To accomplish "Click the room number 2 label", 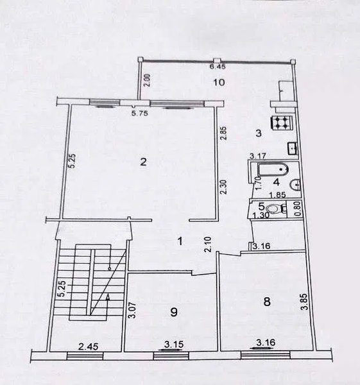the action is (x=143, y=162).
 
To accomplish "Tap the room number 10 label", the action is (x=219, y=83).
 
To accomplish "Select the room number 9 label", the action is (x=174, y=312).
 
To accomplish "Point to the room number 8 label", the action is (x=267, y=302).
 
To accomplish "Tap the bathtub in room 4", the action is (x=273, y=169).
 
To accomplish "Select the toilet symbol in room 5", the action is (x=276, y=209).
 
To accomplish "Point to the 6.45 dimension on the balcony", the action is (x=218, y=67).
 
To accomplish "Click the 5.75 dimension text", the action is (x=140, y=114).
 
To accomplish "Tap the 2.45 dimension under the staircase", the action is (x=88, y=346).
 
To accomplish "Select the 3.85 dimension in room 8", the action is (x=305, y=302).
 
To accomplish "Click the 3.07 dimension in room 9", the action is (x=133, y=310).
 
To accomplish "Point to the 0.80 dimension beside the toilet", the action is (x=298, y=209).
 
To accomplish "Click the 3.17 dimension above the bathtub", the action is (x=257, y=156).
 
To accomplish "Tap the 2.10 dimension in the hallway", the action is (x=209, y=244).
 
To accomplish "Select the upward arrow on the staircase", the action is (x=107, y=304).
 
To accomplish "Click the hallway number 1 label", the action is (x=180, y=241).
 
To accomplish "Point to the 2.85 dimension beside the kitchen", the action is (x=223, y=133).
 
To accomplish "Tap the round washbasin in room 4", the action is (x=295, y=184).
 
